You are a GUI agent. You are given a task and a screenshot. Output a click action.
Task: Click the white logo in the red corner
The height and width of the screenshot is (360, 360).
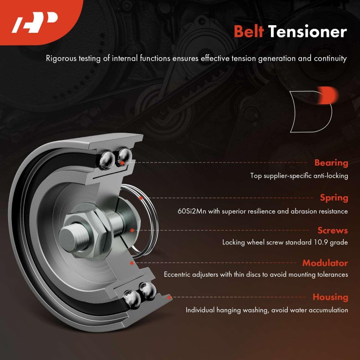tap(35, 22)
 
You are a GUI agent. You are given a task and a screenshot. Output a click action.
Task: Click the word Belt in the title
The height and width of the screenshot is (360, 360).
tap(249, 31)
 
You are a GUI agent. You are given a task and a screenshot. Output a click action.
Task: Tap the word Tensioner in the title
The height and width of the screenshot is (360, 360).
tap(307, 31)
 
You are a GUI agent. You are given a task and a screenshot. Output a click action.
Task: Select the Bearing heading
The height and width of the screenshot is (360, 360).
tap(331, 163)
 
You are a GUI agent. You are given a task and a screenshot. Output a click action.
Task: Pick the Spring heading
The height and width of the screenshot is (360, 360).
tap(334, 198)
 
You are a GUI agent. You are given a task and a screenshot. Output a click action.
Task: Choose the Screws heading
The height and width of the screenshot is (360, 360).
tap(333, 230)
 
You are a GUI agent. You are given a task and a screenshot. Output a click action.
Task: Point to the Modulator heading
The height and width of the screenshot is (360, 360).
tap(325, 263)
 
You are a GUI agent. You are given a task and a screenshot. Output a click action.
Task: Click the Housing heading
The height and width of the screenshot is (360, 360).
tap(330, 297)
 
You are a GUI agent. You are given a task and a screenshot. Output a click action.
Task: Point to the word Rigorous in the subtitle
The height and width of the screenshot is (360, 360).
tap(61, 58)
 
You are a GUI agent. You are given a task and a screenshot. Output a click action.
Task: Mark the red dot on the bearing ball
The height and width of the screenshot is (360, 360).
tap(122, 163)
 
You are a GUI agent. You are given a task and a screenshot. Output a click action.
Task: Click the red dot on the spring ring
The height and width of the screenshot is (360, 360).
tap(141, 198)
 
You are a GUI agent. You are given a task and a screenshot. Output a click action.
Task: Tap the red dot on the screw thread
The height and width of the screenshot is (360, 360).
tap(132, 230)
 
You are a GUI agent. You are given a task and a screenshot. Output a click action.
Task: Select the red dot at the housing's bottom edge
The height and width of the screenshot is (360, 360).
tap(169, 297)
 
